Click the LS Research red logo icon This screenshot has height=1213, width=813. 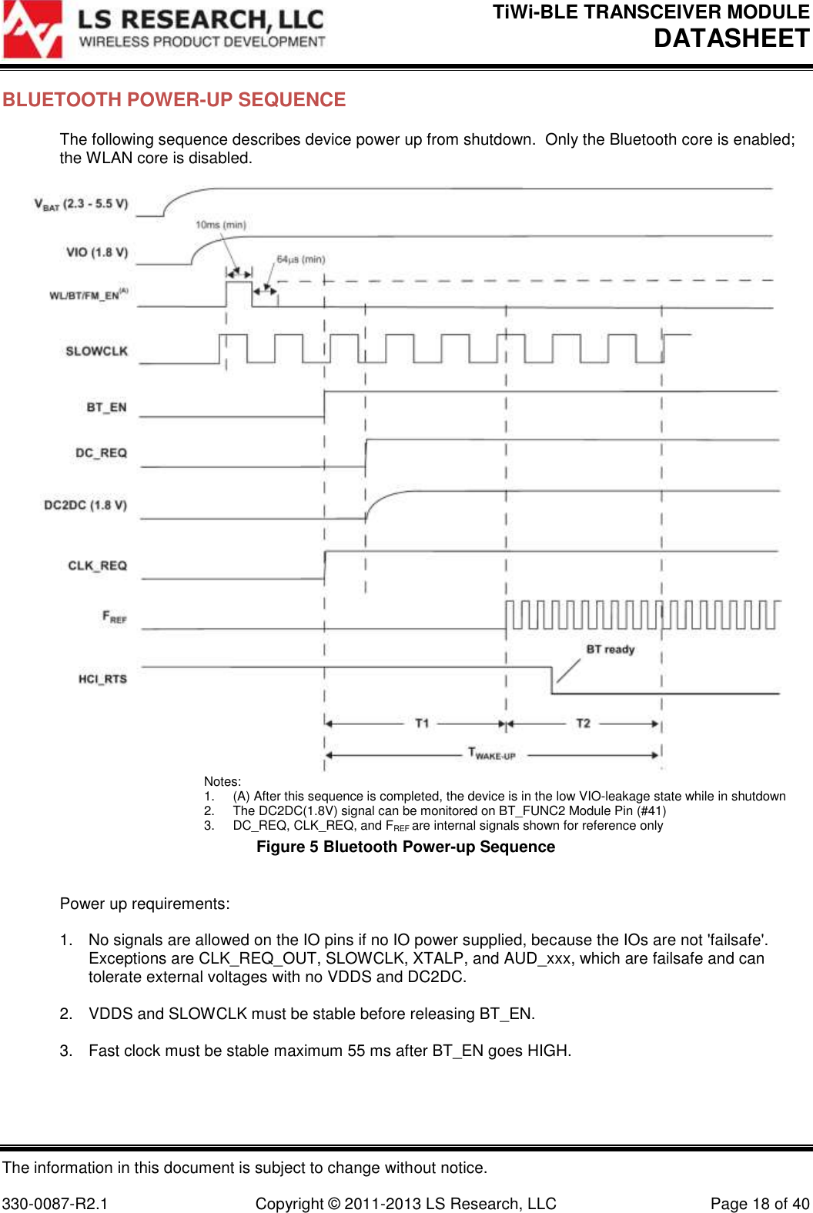[x=32, y=29]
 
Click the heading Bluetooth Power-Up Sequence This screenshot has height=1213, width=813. [x=174, y=100]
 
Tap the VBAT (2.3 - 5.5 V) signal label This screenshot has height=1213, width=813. [x=81, y=204]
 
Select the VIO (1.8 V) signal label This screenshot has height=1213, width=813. [x=97, y=252]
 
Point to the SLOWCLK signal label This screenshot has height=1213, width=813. [x=96, y=351]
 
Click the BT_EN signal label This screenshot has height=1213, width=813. [x=106, y=407]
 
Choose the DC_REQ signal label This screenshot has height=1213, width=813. [x=101, y=453]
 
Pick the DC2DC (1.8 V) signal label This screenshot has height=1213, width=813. [x=85, y=505]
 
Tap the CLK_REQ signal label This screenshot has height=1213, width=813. [x=97, y=566]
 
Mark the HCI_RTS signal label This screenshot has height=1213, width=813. [x=102, y=679]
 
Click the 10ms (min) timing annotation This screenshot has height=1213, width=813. [x=220, y=225]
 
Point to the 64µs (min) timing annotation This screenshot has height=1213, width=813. [x=300, y=259]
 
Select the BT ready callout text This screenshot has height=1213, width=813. [x=611, y=650]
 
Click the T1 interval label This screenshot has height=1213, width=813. [x=422, y=723]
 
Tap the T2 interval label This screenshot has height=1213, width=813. [x=583, y=723]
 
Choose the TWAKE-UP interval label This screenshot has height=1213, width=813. [x=492, y=754]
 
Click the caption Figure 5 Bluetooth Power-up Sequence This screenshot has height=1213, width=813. [x=406, y=847]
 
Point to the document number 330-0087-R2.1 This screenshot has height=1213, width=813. [x=55, y=1204]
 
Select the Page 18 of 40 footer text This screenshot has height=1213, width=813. [x=760, y=1204]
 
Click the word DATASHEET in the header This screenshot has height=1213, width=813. [x=731, y=38]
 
